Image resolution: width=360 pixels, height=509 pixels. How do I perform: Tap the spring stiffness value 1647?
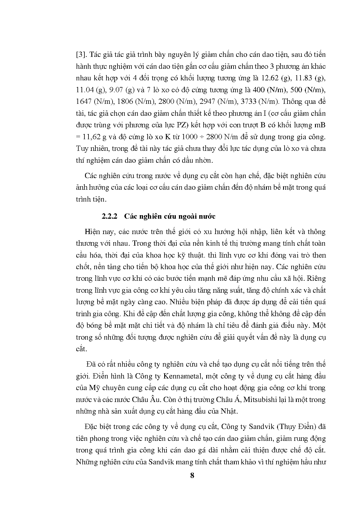tap(84, 102)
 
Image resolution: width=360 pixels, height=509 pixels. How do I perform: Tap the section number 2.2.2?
tap(109, 216)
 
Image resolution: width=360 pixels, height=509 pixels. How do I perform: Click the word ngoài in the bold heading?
tap(188, 216)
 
